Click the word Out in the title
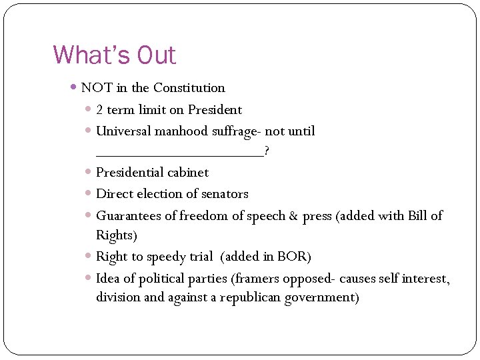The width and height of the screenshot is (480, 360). click(155, 55)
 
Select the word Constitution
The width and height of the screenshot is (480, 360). click(189, 88)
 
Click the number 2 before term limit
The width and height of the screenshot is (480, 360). click(99, 110)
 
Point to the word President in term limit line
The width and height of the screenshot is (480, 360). click(215, 110)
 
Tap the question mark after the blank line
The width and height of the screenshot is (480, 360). click(267, 151)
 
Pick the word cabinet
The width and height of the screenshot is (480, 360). click(188, 173)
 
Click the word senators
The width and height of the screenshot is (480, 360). click(223, 194)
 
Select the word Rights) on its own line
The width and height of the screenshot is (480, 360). click(116, 236)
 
